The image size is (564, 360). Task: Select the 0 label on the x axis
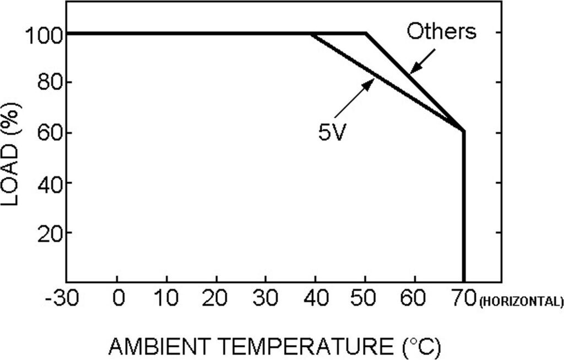117,299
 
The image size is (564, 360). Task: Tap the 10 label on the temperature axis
166,299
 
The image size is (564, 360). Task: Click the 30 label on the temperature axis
265,299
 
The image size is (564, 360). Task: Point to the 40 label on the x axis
315,299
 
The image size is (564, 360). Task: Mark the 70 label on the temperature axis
464,299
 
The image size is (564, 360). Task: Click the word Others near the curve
441,32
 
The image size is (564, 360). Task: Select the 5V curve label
332,132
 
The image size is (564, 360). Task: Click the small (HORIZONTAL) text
522,302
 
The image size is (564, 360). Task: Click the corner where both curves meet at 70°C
464,132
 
